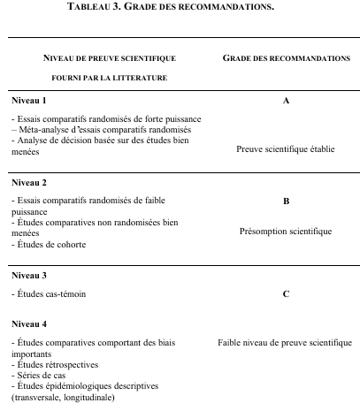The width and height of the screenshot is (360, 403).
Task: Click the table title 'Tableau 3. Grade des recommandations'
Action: tap(180, 11)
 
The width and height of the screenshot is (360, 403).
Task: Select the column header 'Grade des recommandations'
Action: tap(286, 57)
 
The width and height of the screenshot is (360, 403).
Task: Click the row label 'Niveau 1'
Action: tap(28, 101)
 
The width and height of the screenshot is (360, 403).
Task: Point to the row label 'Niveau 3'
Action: tap(28, 275)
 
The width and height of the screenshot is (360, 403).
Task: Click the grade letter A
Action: tap(286, 101)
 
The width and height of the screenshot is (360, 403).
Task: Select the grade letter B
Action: tap(286, 201)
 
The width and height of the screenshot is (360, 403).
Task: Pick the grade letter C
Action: tap(286, 293)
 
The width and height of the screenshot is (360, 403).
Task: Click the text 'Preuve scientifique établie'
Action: tap(286, 149)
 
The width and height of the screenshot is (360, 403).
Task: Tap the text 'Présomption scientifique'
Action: tap(286, 232)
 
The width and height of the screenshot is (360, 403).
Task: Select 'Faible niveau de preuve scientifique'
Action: tap(286, 343)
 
